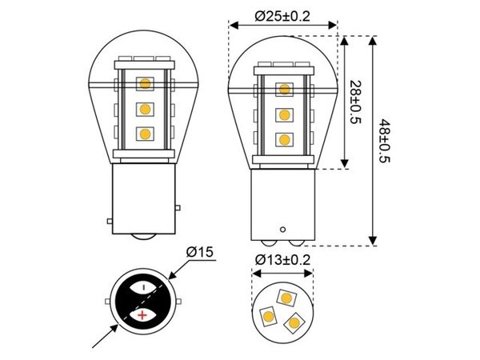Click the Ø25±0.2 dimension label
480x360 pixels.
283,15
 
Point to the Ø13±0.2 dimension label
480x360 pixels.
283,260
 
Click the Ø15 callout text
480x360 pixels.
199,252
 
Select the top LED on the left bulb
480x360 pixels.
145,82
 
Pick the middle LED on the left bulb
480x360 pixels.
145,108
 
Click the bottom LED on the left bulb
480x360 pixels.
145,134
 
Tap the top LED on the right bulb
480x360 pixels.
284,88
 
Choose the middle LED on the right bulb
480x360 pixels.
284,114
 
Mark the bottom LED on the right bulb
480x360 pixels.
284,139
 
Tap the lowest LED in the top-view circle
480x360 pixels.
293,322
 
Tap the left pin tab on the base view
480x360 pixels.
107,301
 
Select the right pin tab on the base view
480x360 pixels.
181,301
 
